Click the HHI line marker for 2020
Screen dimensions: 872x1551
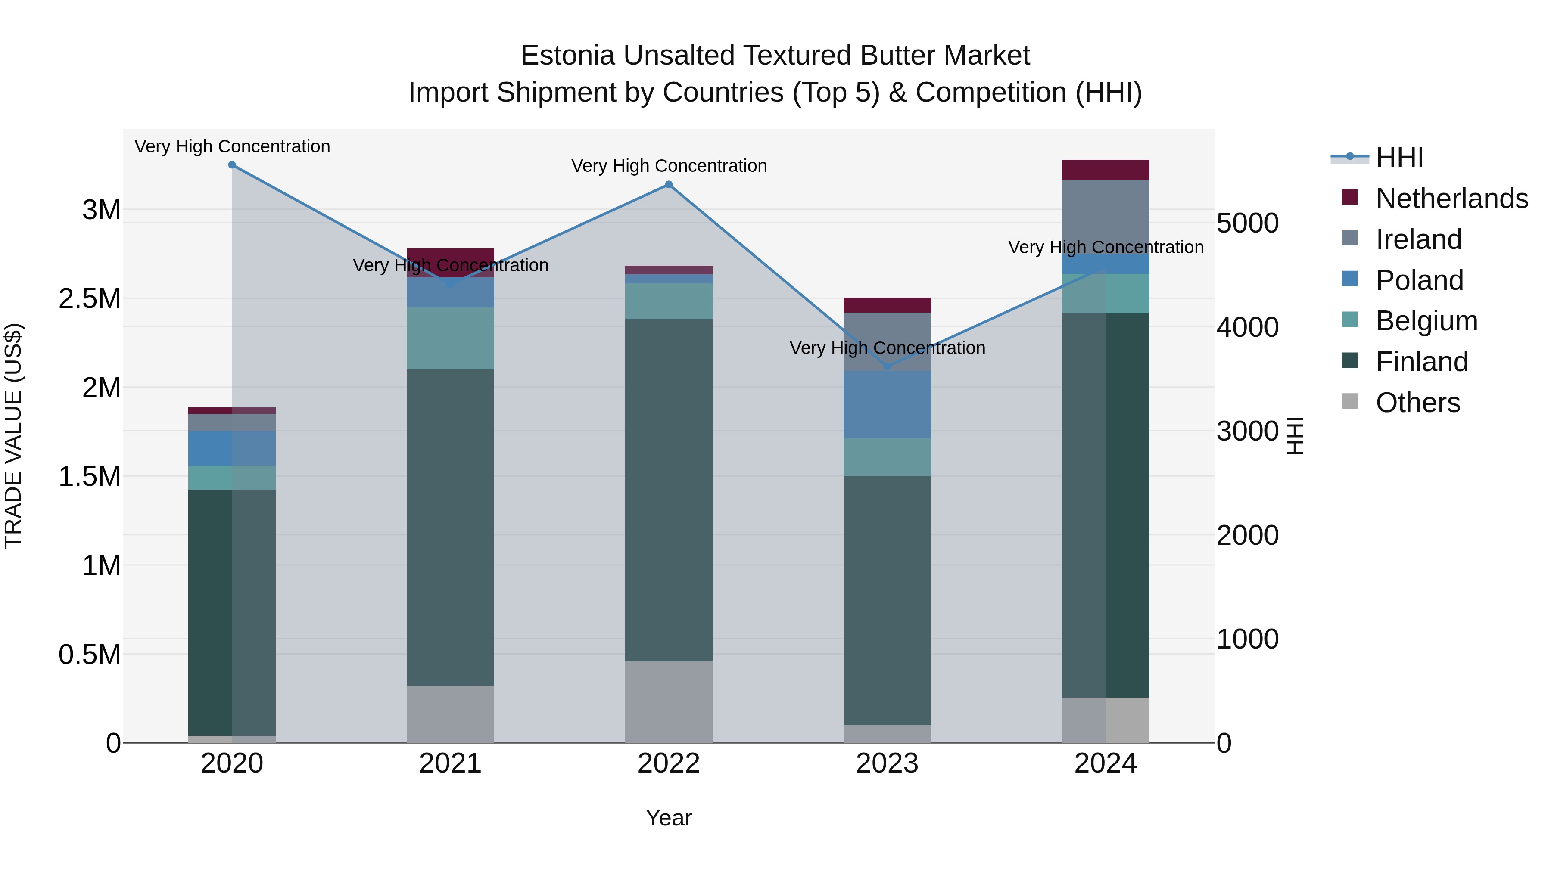click(x=232, y=165)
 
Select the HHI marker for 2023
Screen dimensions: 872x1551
click(x=887, y=366)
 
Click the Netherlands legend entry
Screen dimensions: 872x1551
click(x=1451, y=199)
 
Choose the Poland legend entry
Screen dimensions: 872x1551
click(x=1419, y=280)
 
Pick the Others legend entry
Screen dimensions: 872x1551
click(x=1417, y=403)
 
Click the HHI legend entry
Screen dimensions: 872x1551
click(x=1399, y=158)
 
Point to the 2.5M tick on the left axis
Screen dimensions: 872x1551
click(x=89, y=298)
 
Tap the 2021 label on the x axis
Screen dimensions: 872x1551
click(x=450, y=763)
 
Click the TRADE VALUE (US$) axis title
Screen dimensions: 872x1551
click(x=13, y=436)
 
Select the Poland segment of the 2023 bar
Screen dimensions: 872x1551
click(x=887, y=404)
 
